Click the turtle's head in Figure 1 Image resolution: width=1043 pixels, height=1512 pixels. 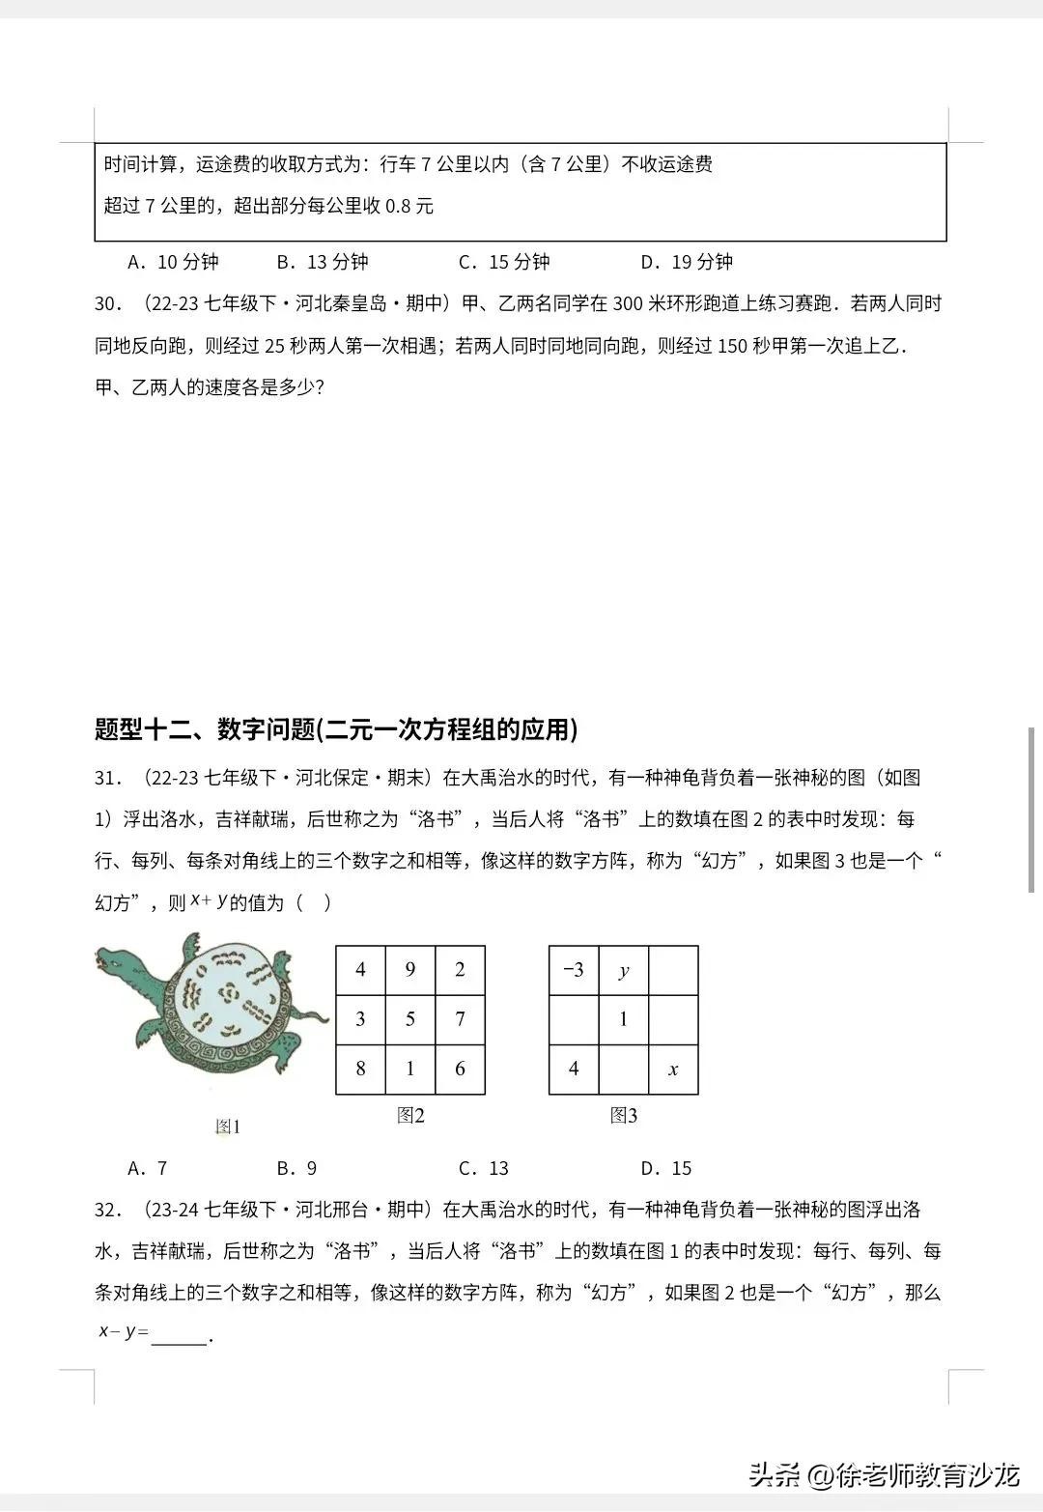click(115, 962)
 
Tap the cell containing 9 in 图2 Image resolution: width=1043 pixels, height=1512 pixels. click(410, 970)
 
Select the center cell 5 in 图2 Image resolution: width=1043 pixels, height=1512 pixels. click(410, 1019)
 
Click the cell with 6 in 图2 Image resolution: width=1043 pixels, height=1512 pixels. click(460, 1069)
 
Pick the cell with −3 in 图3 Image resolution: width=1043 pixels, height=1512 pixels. click(574, 970)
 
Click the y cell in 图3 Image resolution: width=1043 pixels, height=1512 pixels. click(624, 970)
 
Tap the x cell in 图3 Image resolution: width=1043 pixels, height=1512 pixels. click(673, 1069)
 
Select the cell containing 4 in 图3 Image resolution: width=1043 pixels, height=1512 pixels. click(574, 1069)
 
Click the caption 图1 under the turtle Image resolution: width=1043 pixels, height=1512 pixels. click(228, 1127)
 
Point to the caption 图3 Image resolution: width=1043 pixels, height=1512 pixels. click(624, 1116)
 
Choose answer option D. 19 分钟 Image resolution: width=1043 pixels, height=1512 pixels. click(687, 262)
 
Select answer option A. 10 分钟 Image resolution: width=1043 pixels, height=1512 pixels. click(174, 262)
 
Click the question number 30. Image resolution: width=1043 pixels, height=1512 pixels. click(108, 304)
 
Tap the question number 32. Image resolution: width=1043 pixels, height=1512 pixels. click(108, 1210)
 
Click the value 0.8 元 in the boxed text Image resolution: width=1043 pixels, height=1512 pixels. click(409, 206)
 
